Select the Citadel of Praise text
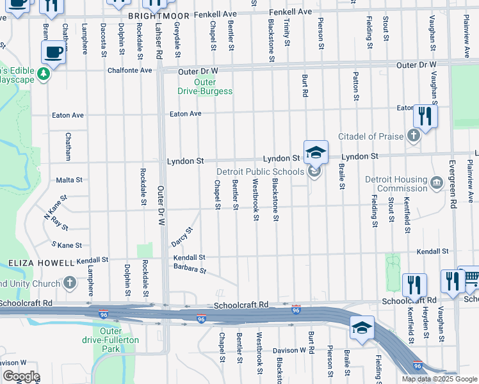[372, 136]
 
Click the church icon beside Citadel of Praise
[414, 136]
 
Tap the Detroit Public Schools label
[259, 172]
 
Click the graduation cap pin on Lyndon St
[315, 153]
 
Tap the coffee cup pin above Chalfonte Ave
[53, 52]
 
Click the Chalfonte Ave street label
[129, 70]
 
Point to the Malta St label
[69, 180]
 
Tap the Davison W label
[289, 350]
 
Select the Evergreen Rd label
[453, 185]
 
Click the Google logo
[20, 376]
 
